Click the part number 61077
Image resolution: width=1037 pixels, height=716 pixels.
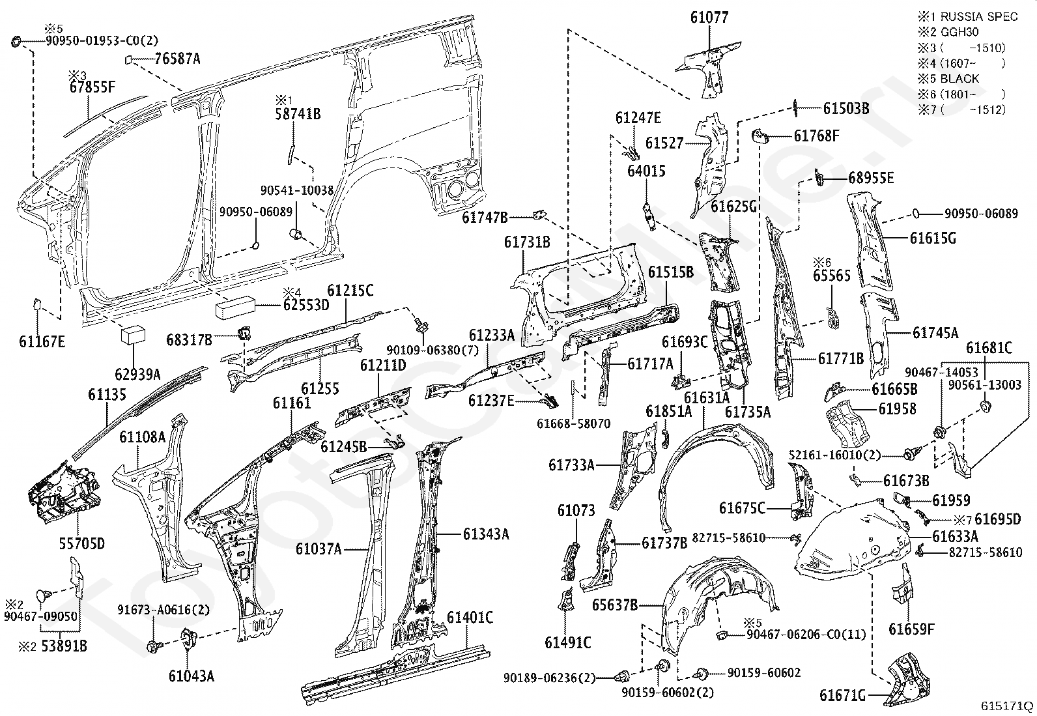click(709, 18)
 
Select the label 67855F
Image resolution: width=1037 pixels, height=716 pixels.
click(92, 87)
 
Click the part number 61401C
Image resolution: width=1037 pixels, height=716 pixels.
click(470, 616)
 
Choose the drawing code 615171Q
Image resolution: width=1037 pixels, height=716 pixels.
click(1007, 706)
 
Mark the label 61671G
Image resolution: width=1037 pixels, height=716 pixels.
click(842, 696)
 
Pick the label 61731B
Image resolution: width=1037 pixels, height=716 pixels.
click(526, 243)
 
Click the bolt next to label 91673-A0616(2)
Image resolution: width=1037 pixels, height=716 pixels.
click(154, 646)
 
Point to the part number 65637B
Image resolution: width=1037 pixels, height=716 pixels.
click(614, 605)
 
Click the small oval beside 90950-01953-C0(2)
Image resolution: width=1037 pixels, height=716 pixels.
click(16, 42)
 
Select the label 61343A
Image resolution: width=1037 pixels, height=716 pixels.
click(486, 534)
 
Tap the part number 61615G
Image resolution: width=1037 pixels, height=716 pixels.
click(933, 238)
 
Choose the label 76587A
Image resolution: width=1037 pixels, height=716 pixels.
click(177, 59)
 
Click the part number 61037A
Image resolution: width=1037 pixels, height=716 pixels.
click(319, 549)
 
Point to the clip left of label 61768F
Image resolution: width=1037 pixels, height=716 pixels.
click(760, 136)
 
